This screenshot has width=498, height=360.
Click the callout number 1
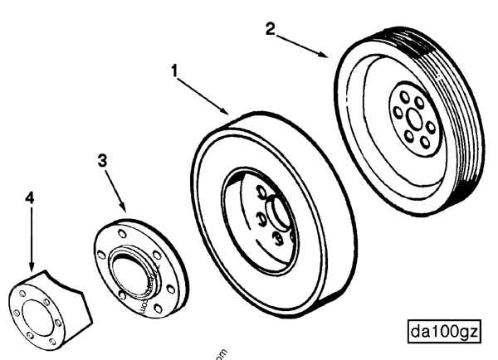click(175, 71)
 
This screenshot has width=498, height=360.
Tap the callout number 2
click(271, 28)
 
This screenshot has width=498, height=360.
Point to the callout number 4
click(29, 198)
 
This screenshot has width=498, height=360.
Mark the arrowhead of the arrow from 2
click(330, 56)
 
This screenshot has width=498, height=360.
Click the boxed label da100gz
click(444, 332)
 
